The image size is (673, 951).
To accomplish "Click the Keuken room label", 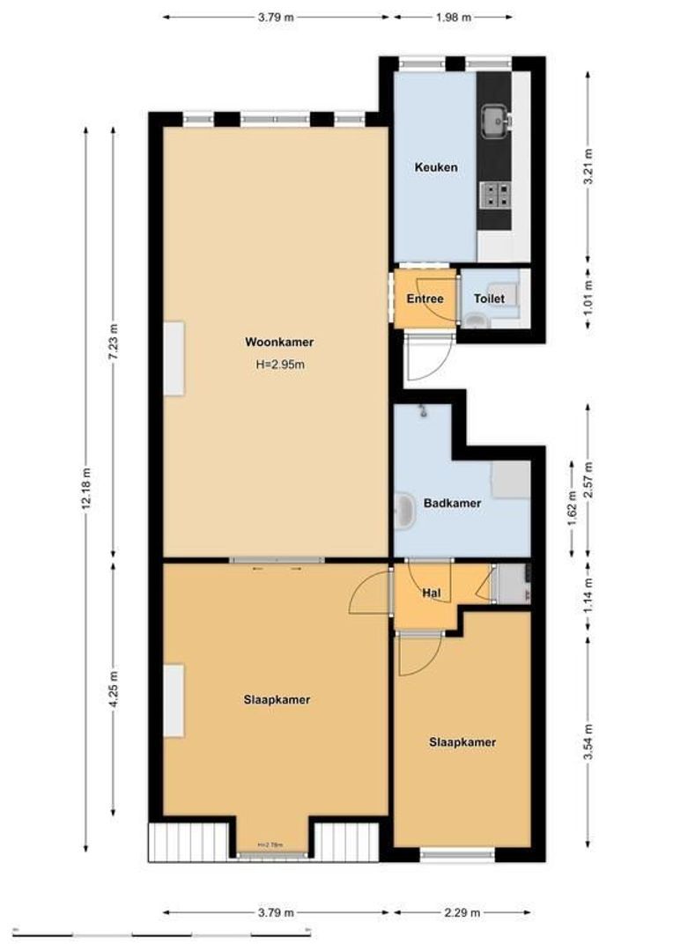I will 436,167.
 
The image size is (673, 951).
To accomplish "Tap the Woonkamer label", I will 280,343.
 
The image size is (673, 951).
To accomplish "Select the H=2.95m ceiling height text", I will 280,364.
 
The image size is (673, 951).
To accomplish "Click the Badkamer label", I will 452,504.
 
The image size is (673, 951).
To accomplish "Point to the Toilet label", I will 489,299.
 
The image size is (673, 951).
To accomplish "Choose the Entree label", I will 425,299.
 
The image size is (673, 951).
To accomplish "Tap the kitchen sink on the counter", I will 493,116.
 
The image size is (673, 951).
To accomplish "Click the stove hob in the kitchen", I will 494,194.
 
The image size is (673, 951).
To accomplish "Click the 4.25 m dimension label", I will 113,689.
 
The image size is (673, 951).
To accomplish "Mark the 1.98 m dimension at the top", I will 453,17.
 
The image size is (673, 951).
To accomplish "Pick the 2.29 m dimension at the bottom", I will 463,912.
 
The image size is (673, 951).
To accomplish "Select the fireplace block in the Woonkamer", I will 174,358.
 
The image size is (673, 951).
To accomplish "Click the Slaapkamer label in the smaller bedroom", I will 462,742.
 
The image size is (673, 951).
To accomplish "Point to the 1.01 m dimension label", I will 588,299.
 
